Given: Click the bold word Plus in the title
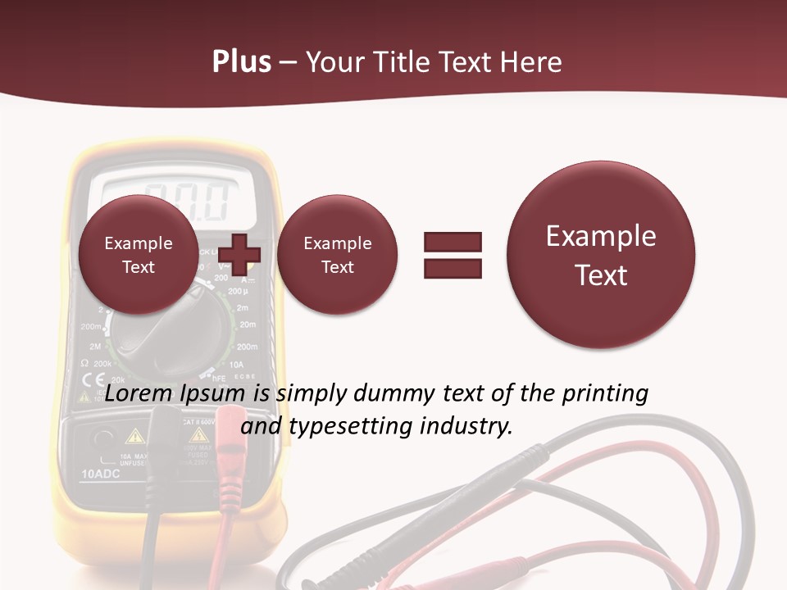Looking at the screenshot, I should coord(241,62).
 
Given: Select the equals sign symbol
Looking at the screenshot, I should coord(453,254).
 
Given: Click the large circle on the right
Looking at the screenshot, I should coord(601,254).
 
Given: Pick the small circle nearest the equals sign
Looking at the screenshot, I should coord(337,255).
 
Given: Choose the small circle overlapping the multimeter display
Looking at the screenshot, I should coord(138,255).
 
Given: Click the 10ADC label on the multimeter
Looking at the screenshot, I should coord(102,474).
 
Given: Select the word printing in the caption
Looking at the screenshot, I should coord(604,393).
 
